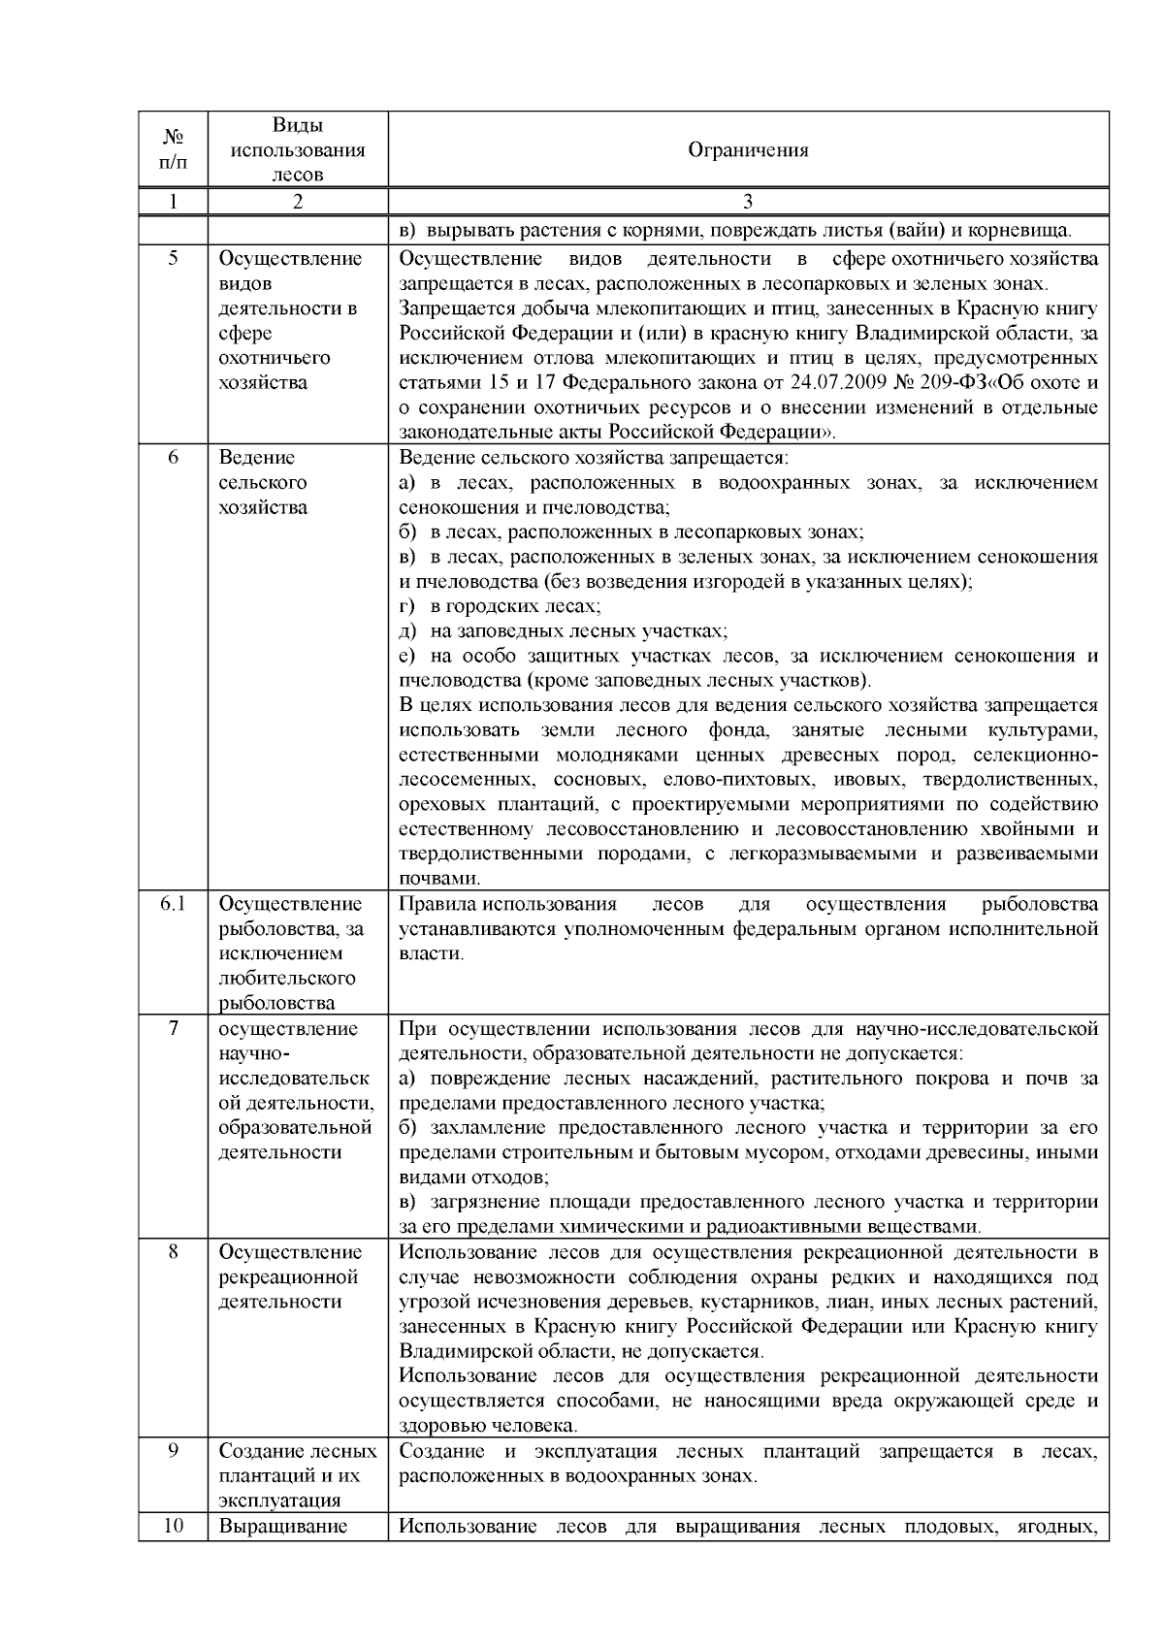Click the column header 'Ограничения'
click(748, 150)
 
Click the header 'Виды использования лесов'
click(297, 150)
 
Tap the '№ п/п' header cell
click(172, 150)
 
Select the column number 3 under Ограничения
click(748, 202)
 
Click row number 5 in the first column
click(172, 259)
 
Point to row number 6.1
click(172, 904)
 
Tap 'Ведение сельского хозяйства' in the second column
click(262, 482)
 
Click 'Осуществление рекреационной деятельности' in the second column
click(289, 1276)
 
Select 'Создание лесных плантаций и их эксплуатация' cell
click(297, 1476)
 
